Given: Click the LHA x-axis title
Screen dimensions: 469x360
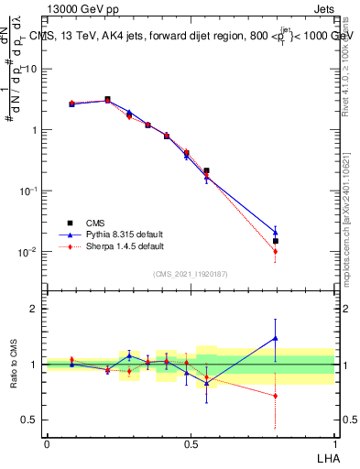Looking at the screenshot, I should (325, 457).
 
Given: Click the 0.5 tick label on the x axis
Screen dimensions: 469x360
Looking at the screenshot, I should (191, 444).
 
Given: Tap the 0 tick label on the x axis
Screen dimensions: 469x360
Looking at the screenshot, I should (47, 444).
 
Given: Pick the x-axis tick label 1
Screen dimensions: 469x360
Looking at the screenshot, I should (334, 444).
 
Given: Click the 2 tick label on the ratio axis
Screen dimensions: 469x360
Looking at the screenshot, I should (34, 309).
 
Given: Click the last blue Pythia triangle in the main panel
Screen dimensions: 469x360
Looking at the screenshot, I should (276, 232).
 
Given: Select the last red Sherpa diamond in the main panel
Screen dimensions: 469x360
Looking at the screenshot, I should (276, 251).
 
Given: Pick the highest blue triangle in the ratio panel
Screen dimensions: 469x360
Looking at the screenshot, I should (276, 338).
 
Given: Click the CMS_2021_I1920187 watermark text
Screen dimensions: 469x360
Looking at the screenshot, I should (191, 274).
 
